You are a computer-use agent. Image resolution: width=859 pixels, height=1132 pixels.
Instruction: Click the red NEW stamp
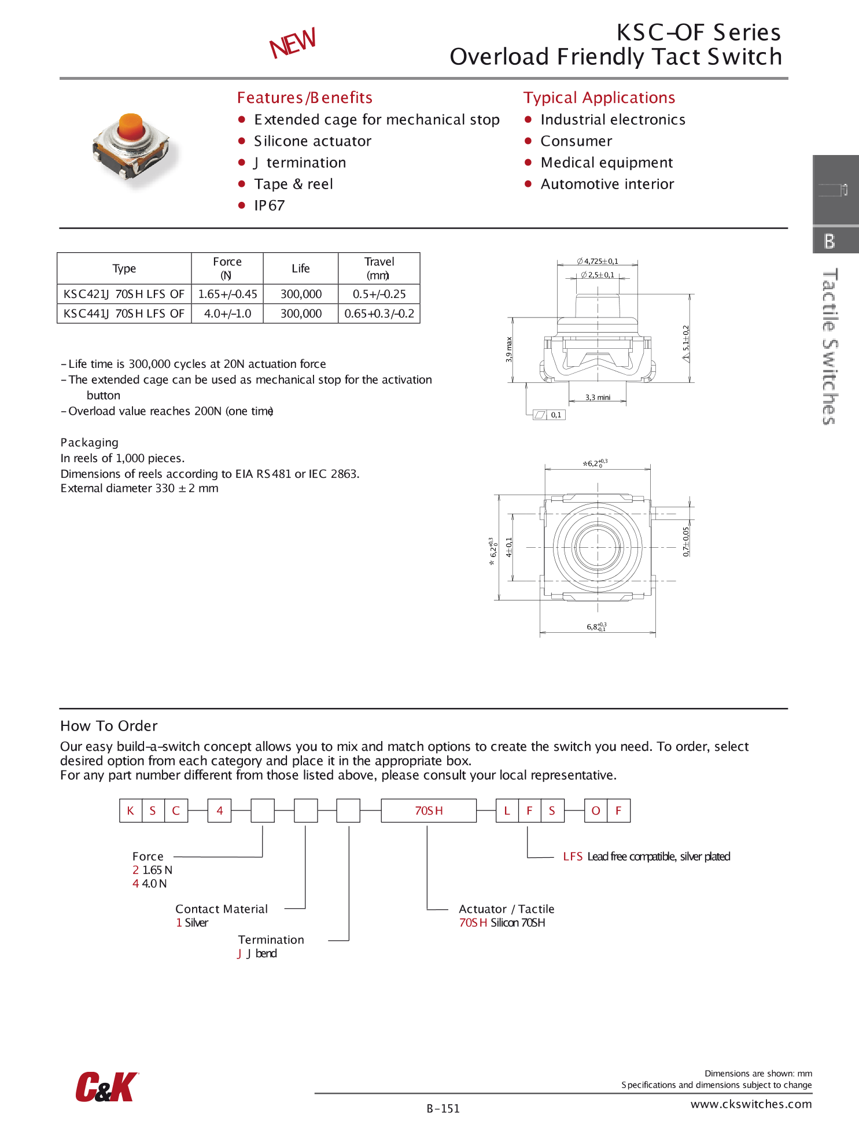293,43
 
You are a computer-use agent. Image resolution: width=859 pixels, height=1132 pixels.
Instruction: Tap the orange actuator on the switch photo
131,127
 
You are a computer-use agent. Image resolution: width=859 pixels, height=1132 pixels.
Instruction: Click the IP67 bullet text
269,206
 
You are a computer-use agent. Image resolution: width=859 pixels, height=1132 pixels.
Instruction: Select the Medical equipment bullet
606,163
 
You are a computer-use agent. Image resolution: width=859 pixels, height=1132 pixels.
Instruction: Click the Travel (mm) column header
379,268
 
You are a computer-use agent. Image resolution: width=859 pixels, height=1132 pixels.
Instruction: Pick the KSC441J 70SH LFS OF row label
124,314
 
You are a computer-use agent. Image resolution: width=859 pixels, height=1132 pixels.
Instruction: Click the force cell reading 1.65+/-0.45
227,294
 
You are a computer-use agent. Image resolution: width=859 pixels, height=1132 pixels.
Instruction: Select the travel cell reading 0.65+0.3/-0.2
379,314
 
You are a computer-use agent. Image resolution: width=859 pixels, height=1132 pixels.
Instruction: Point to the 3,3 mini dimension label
598,397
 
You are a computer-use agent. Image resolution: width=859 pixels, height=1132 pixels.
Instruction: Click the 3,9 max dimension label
509,349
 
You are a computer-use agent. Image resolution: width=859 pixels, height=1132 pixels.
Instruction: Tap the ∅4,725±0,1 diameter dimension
598,261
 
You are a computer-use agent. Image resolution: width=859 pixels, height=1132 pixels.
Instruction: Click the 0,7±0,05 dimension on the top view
686,541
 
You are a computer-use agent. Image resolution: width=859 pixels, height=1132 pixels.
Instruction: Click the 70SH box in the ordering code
429,811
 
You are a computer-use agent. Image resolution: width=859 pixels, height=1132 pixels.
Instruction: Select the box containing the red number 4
220,811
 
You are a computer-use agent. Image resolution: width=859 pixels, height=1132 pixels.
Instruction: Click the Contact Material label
222,909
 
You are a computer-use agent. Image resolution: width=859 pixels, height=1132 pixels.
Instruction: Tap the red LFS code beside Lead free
573,857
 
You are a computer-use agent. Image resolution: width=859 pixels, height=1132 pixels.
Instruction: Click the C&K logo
107,1087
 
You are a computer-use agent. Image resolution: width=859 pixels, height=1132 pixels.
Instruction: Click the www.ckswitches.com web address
751,1104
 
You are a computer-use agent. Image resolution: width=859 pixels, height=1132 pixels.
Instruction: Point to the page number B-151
443,1109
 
